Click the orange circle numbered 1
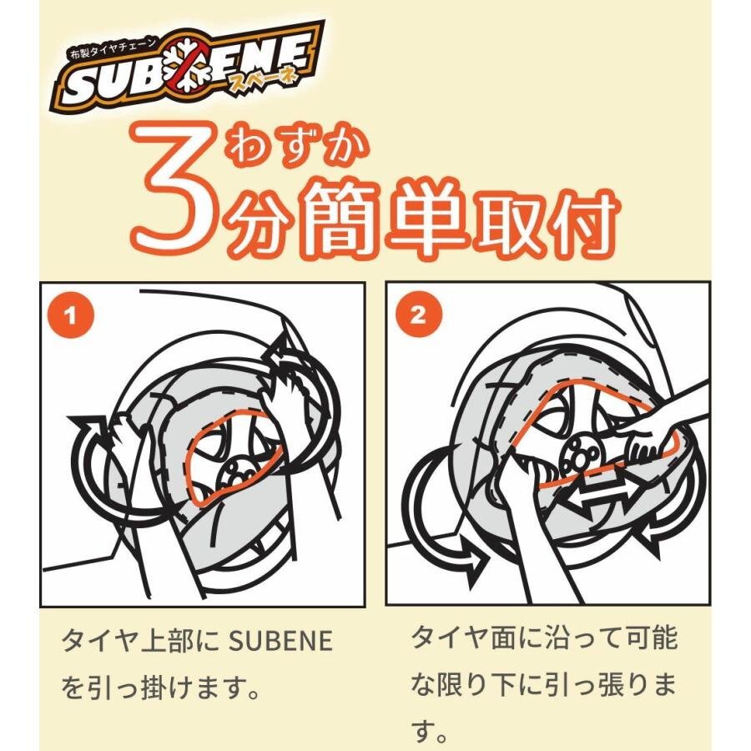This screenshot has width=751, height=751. [71, 315]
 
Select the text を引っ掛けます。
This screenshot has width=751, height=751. [156, 689]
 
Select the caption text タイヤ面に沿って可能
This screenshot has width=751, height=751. [544, 639]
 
